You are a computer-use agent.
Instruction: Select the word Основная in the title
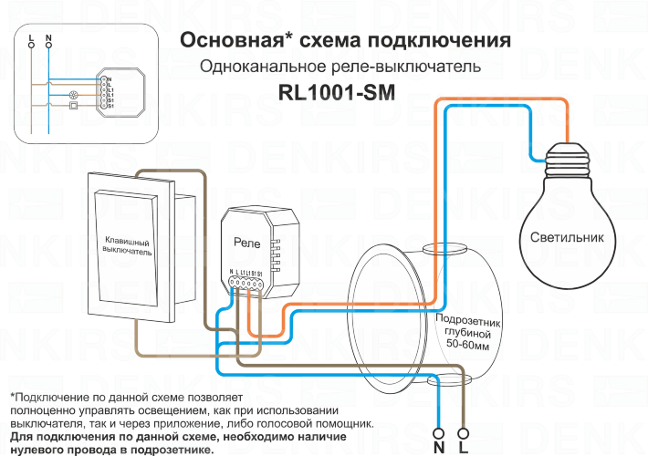click(x=227, y=41)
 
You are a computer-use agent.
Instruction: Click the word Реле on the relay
click(x=247, y=243)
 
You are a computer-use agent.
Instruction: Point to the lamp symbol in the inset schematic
click(x=74, y=95)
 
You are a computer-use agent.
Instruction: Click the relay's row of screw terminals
click(x=246, y=285)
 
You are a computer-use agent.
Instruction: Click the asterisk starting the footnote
click(x=12, y=399)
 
